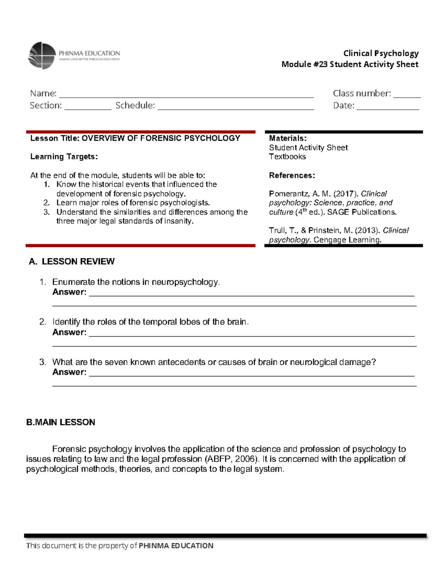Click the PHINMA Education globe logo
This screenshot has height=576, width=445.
(x=42, y=56)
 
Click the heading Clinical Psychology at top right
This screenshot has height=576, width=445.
(x=381, y=53)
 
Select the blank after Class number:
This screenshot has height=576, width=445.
(x=406, y=95)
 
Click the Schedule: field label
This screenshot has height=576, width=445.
(x=135, y=106)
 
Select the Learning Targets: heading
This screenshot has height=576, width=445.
(x=64, y=157)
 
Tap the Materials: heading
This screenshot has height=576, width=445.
(x=288, y=138)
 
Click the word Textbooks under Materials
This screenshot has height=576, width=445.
(x=287, y=157)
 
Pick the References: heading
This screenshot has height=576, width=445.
(x=292, y=175)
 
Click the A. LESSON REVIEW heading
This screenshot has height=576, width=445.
(x=72, y=261)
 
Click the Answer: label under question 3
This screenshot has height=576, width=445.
(x=69, y=372)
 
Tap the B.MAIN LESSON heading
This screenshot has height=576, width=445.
(x=61, y=422)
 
